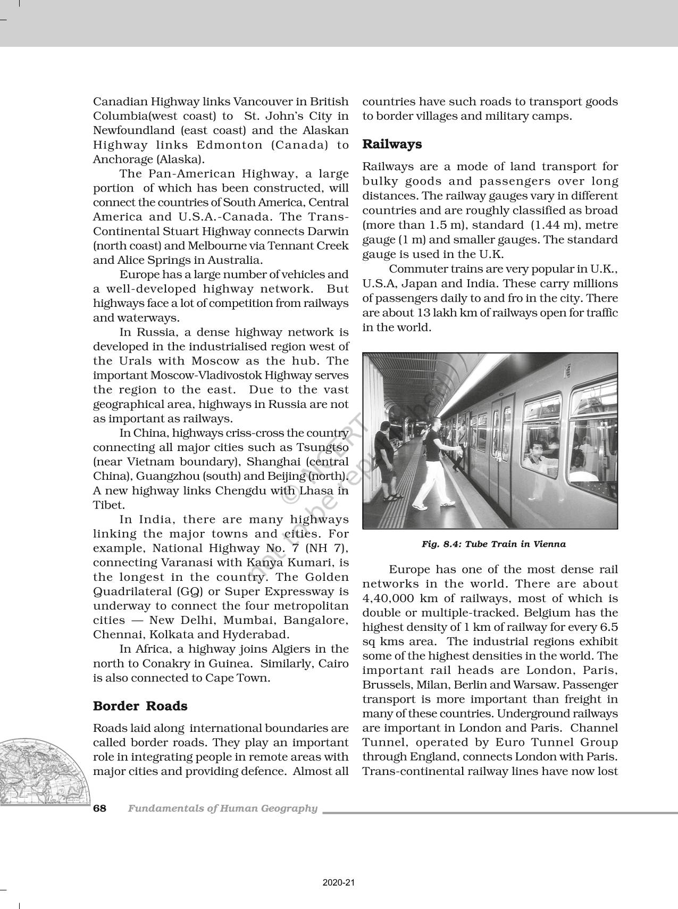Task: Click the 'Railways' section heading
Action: click(x=392, y=144)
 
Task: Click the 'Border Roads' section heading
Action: click(x=140, y=706)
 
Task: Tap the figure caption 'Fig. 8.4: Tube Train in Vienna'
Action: click(x=493, y=544)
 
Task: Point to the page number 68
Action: click(x=99, y=808)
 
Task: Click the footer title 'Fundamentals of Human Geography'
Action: click(x=222, y=808)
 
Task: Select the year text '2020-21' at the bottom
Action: click(x=339, y=883)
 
